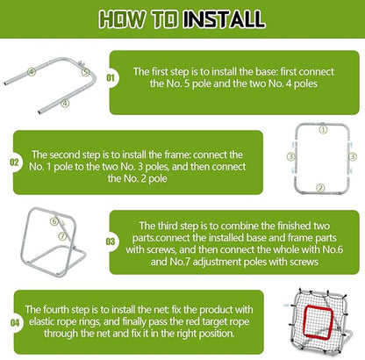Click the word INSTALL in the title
[225, 18]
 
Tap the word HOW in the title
[122, 18]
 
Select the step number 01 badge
[111, 78]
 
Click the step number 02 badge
[14, 162]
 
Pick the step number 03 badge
[111, 241]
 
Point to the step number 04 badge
[15, 322]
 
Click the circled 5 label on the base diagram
[85, 72]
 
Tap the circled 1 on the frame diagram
[323, 129]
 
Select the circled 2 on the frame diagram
[321, 188]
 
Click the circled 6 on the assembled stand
[54, 221]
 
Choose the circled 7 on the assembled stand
[62, 236]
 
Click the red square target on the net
[304, 321]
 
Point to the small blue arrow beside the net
[286, 305]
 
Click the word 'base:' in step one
[262, 72]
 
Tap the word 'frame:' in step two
[177, 155]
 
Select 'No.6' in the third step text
[333, 249]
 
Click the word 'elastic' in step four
[41, 321]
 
